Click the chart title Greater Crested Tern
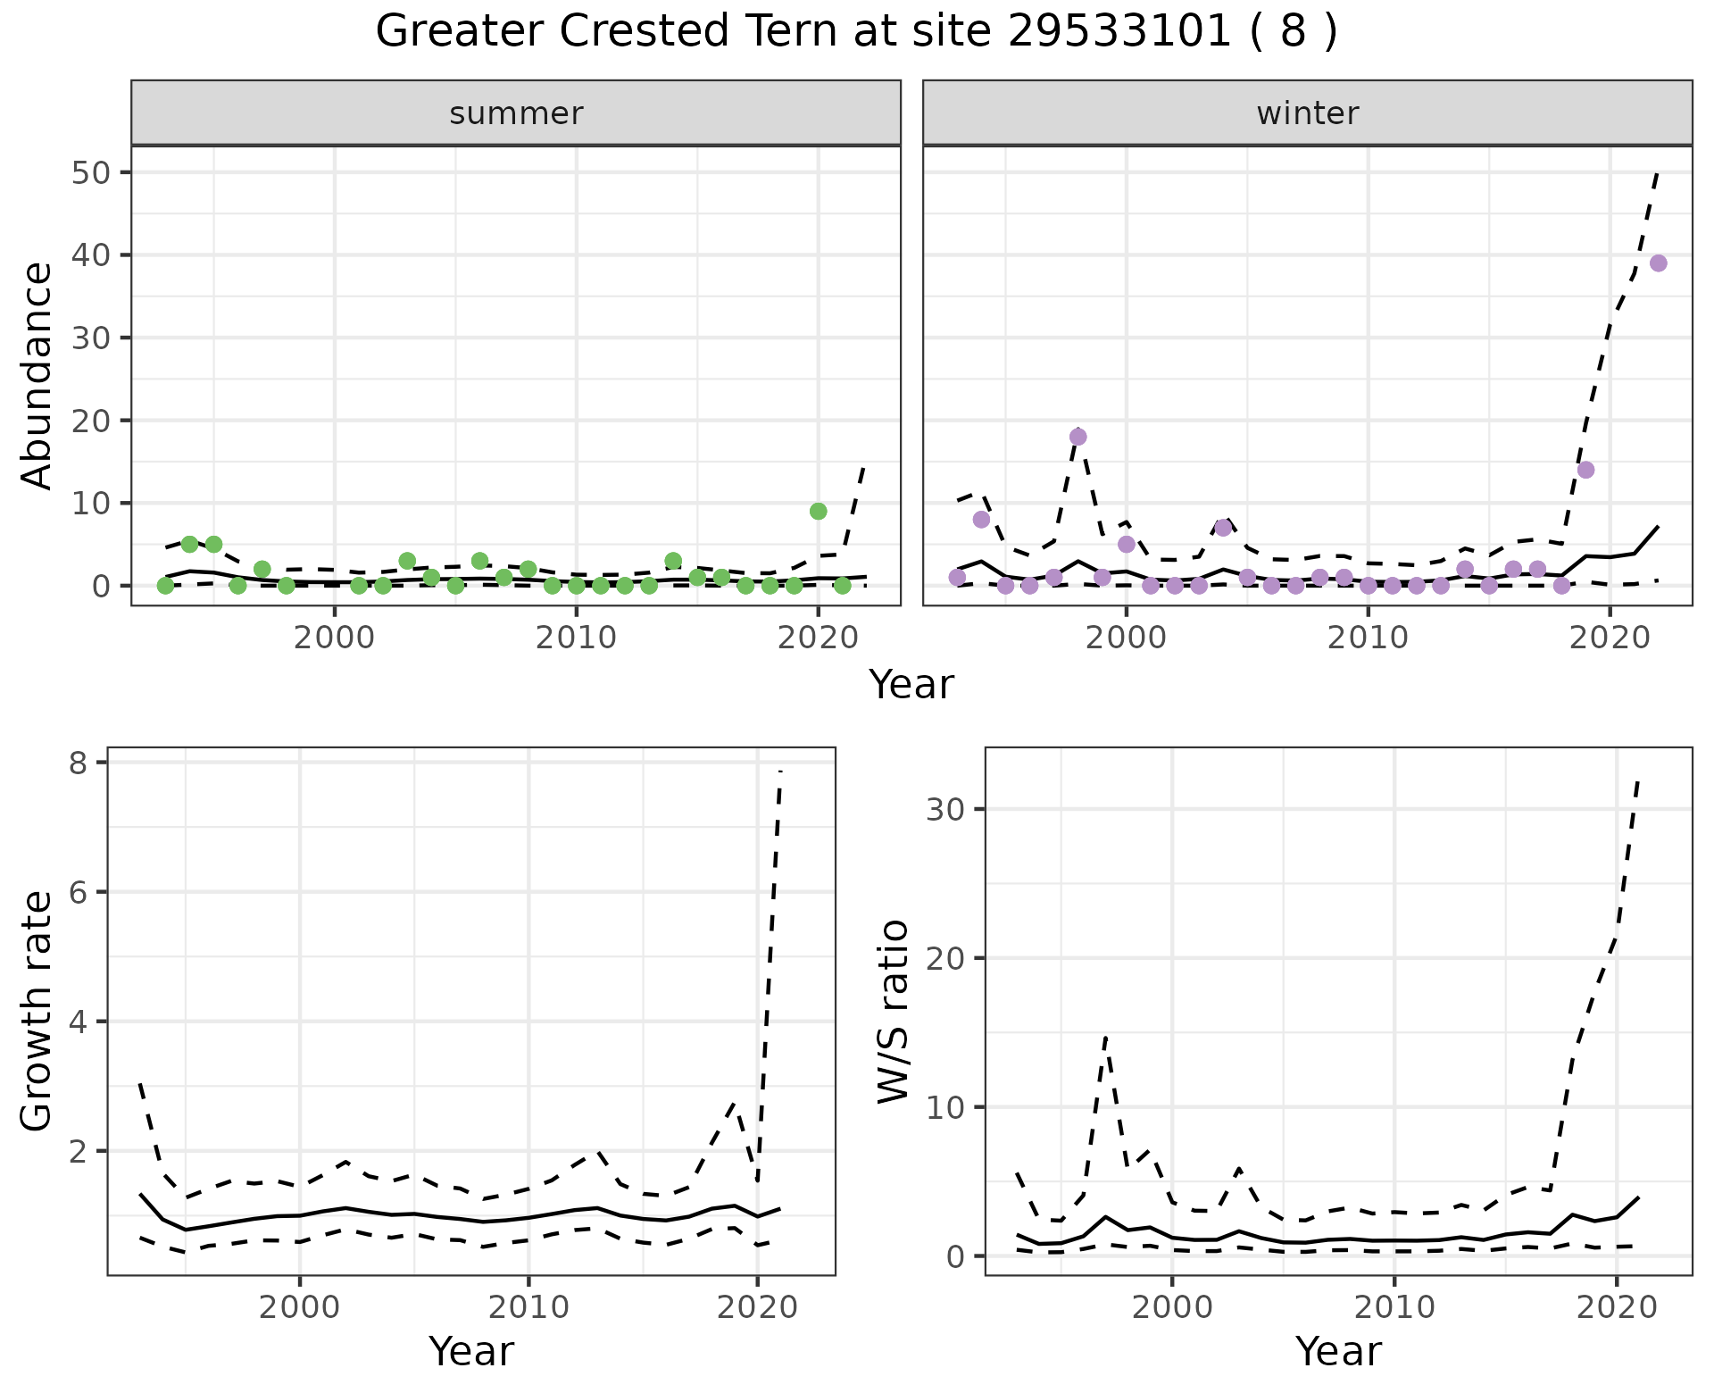pos(856,32)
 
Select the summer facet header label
pos(516,113)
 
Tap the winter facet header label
pos(1307,113)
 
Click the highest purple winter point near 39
pos(1658,263)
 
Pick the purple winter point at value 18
pos(1077,437)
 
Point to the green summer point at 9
pos(818,511)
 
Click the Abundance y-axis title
pos(37,376)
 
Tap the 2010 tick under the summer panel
pos(576,639)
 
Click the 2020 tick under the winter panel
pos(1609,639)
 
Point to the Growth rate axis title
pos(37,1012)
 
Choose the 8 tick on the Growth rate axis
pos(87,763)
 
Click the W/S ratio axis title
pos(893,1012)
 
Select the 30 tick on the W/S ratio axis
pos(945,809)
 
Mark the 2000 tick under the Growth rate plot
pos(300,1308)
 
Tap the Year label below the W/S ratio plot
pos(1338,1352)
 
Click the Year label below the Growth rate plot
pos(471,1352)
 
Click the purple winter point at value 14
pos(1585,470)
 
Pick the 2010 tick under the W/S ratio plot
pos(1394,1308)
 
